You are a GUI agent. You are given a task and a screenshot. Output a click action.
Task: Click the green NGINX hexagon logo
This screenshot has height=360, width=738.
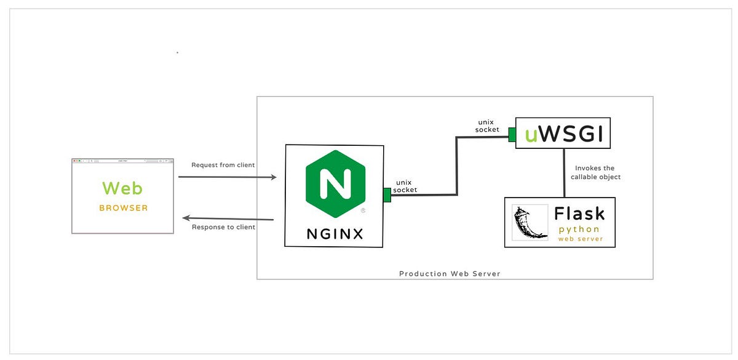pyautogui.click(x=335, y=183)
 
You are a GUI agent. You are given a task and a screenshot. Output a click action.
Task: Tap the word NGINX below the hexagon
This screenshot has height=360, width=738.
pyautogui.click(x=335, y=234)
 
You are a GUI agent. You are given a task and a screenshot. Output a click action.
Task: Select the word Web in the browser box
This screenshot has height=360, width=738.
pyautogui.click(x=122, y=188)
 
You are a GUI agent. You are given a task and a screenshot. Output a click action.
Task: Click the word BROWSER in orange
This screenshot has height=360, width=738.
pyautogui.click(x=123, y=208)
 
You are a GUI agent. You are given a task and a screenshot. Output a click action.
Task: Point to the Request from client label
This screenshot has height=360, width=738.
pyautogui.click(x=223, y=165)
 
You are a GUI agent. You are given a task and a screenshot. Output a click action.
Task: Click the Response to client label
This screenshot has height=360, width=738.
pyautogui.click(x=223, y=227)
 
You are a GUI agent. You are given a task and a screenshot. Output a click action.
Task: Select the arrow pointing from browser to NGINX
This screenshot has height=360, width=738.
pyautogui.click(x=227, y=177)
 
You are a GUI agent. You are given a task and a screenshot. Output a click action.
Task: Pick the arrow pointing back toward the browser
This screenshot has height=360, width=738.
pyautogui.click(x=228, y=218)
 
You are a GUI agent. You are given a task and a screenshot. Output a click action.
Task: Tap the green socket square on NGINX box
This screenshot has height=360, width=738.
pyautogui.click(x=387, y=195)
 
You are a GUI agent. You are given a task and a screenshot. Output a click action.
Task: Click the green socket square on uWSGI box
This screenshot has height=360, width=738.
pyautogui.click(x=512, y=134)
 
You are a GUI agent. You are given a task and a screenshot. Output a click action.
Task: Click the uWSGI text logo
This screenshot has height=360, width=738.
pyautogui.click(x=563, y=134)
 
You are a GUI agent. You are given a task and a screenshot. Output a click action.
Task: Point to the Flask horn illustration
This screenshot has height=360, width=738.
pyautogui.click(x=530, y=223)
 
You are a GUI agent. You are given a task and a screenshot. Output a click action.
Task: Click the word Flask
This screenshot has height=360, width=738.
pyautogui.click(x=579, y=214)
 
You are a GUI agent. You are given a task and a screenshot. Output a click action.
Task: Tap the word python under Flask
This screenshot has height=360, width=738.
pyautogui.click(x=579, y=229)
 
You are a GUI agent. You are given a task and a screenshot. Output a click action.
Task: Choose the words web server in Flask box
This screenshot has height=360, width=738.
pyautogui.click(x=580, y=239)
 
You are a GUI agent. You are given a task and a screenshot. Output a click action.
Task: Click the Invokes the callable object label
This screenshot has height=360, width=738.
pyautogui.click(x=595, y=172)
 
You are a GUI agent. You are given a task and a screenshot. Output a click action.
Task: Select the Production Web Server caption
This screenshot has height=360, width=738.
pyautogui.click(x=450, y=274)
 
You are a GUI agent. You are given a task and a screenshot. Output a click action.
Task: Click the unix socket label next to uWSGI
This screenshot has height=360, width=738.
pyautogui.click(x=487, y=126)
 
